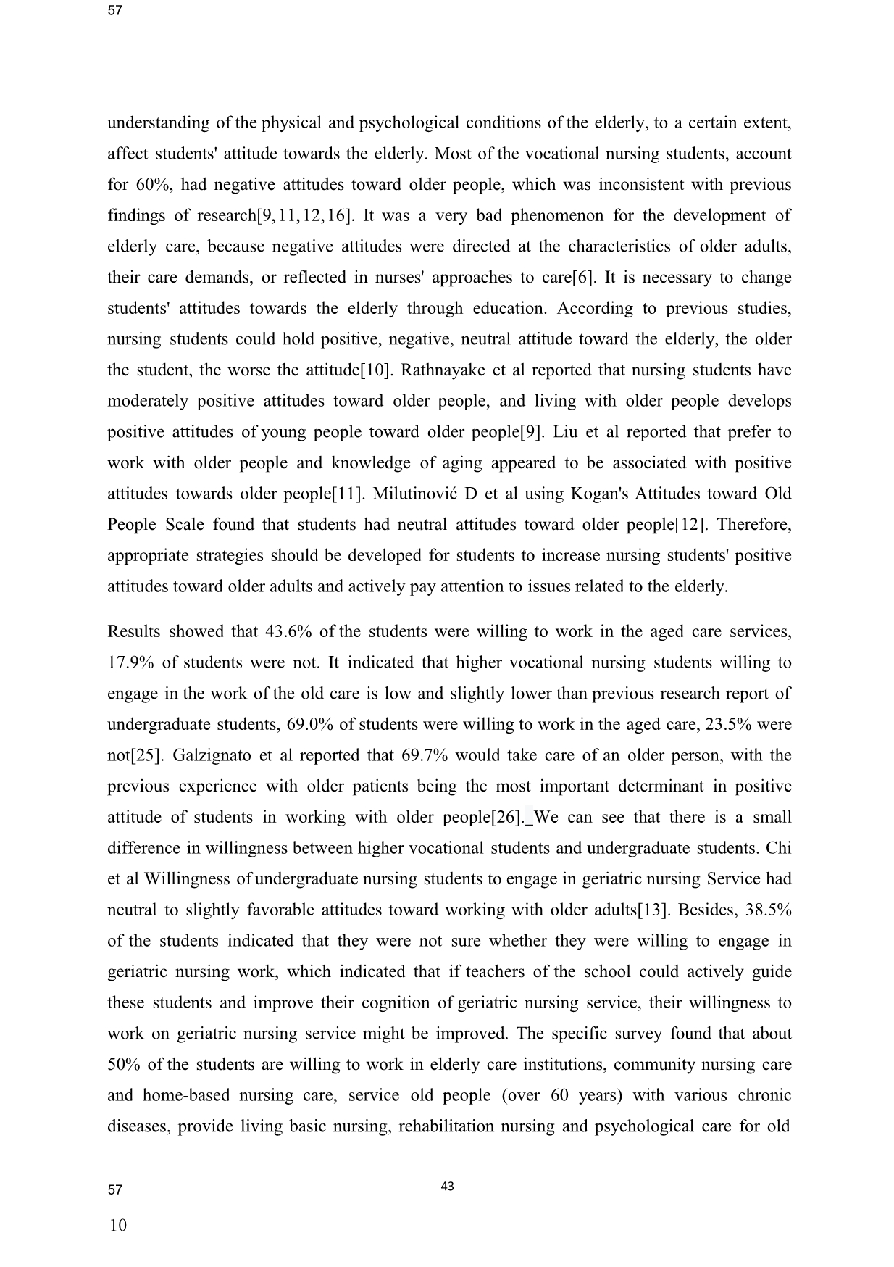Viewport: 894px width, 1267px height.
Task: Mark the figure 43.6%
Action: tap(289, 632)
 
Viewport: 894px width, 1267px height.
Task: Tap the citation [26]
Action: tap(506, 818)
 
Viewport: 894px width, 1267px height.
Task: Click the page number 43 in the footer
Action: tap(447, 1187)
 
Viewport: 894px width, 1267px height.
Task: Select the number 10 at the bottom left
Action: tap(117, 1226)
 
